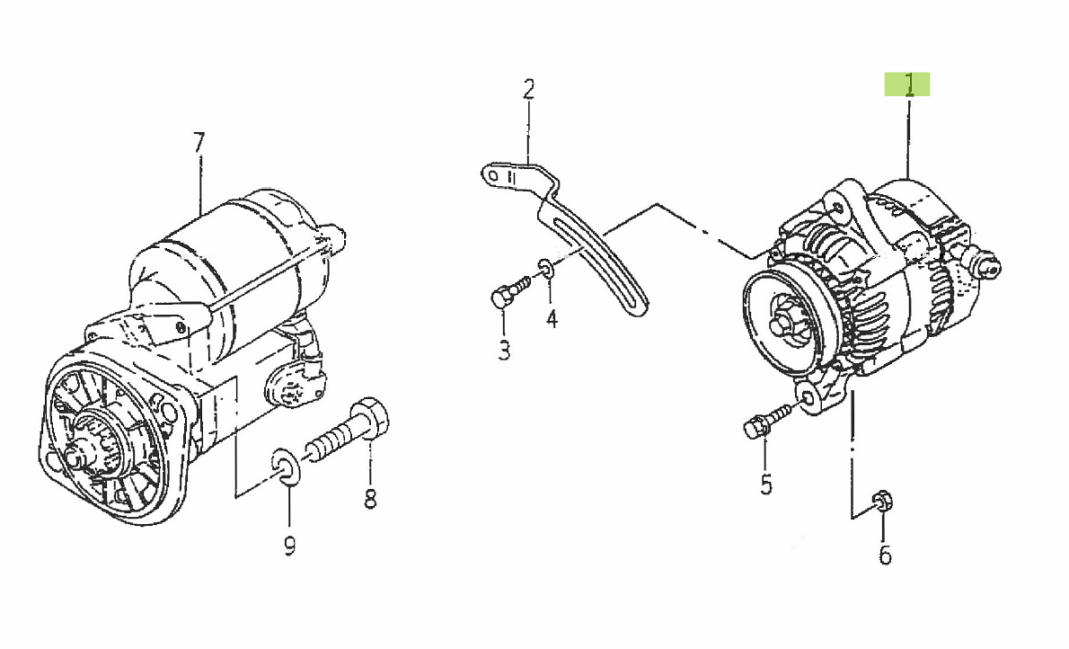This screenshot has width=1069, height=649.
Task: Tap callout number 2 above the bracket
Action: click(x=529, y=89)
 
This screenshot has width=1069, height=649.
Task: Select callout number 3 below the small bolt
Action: click(x=504, y=351)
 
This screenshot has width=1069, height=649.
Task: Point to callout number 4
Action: click(x=552, y=318)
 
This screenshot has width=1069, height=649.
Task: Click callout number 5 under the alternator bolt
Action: click(x=766, y=484)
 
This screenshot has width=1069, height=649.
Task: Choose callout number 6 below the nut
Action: click(x=885, y=555)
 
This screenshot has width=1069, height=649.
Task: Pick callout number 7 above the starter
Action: click(x=199, y=143)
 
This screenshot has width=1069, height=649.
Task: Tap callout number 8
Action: click(x=370, y=499)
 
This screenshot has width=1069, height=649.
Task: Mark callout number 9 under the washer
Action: click(x=290, y=545)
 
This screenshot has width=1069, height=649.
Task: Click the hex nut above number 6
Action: click(x=883, y=502)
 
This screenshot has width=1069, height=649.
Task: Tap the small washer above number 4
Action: click(x=547, y=269)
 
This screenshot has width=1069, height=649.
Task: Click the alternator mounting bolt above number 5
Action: click(x=766, y=419)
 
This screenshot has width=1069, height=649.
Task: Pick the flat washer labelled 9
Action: click(x=285, y=467)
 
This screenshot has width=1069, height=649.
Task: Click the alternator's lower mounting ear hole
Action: click(x=807, y=398)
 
